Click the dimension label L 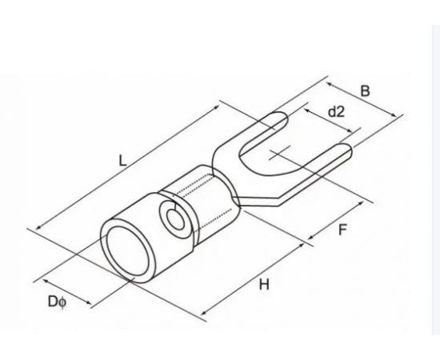pyautogui.click(x=122, y=161)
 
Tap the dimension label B pyautogui.click(x=365, y=91)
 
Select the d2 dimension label pyautogui.click(x=336, y=112)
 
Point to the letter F pyautogui.click(x=342, y=230)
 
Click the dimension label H pyautogui.click(x=264, y=284)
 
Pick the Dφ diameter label pyautogui.click(x=58, y=302)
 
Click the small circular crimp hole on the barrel pyautogui.click(x=175, y=219)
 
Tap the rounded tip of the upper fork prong pyautogui.click(x=284, y=119)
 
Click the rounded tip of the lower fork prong pyautogui.click(x=348, y=152)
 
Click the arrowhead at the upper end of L pyautogui.click(x=217, y=107)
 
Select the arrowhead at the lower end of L pyautogui.click(x=39, y=227)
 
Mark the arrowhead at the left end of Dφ pyautogui.click(x=46, y=281)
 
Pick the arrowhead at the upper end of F pyautogui.click(x=361, y=203)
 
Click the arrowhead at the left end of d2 pyautogui.click(x=307, y=110)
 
